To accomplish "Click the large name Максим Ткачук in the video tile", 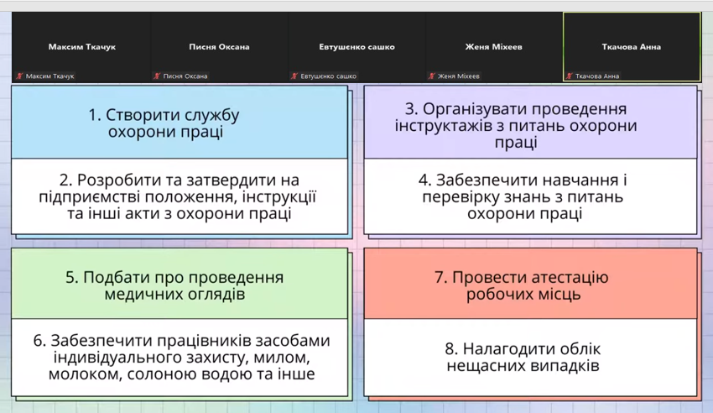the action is (82, 46).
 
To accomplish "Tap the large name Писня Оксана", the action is (219, 46).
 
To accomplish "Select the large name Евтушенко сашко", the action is (356, 46).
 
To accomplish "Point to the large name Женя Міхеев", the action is (493, 46).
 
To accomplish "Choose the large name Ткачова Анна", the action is (631, 46).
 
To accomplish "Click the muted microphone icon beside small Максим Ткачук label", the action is (19, 76).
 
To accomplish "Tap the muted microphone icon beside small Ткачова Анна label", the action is (569, 76).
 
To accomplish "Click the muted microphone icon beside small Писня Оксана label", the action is (157, 76).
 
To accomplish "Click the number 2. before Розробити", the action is (66, 180).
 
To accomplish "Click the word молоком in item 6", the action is (86, 374).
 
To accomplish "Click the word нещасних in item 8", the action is (482, 366).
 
